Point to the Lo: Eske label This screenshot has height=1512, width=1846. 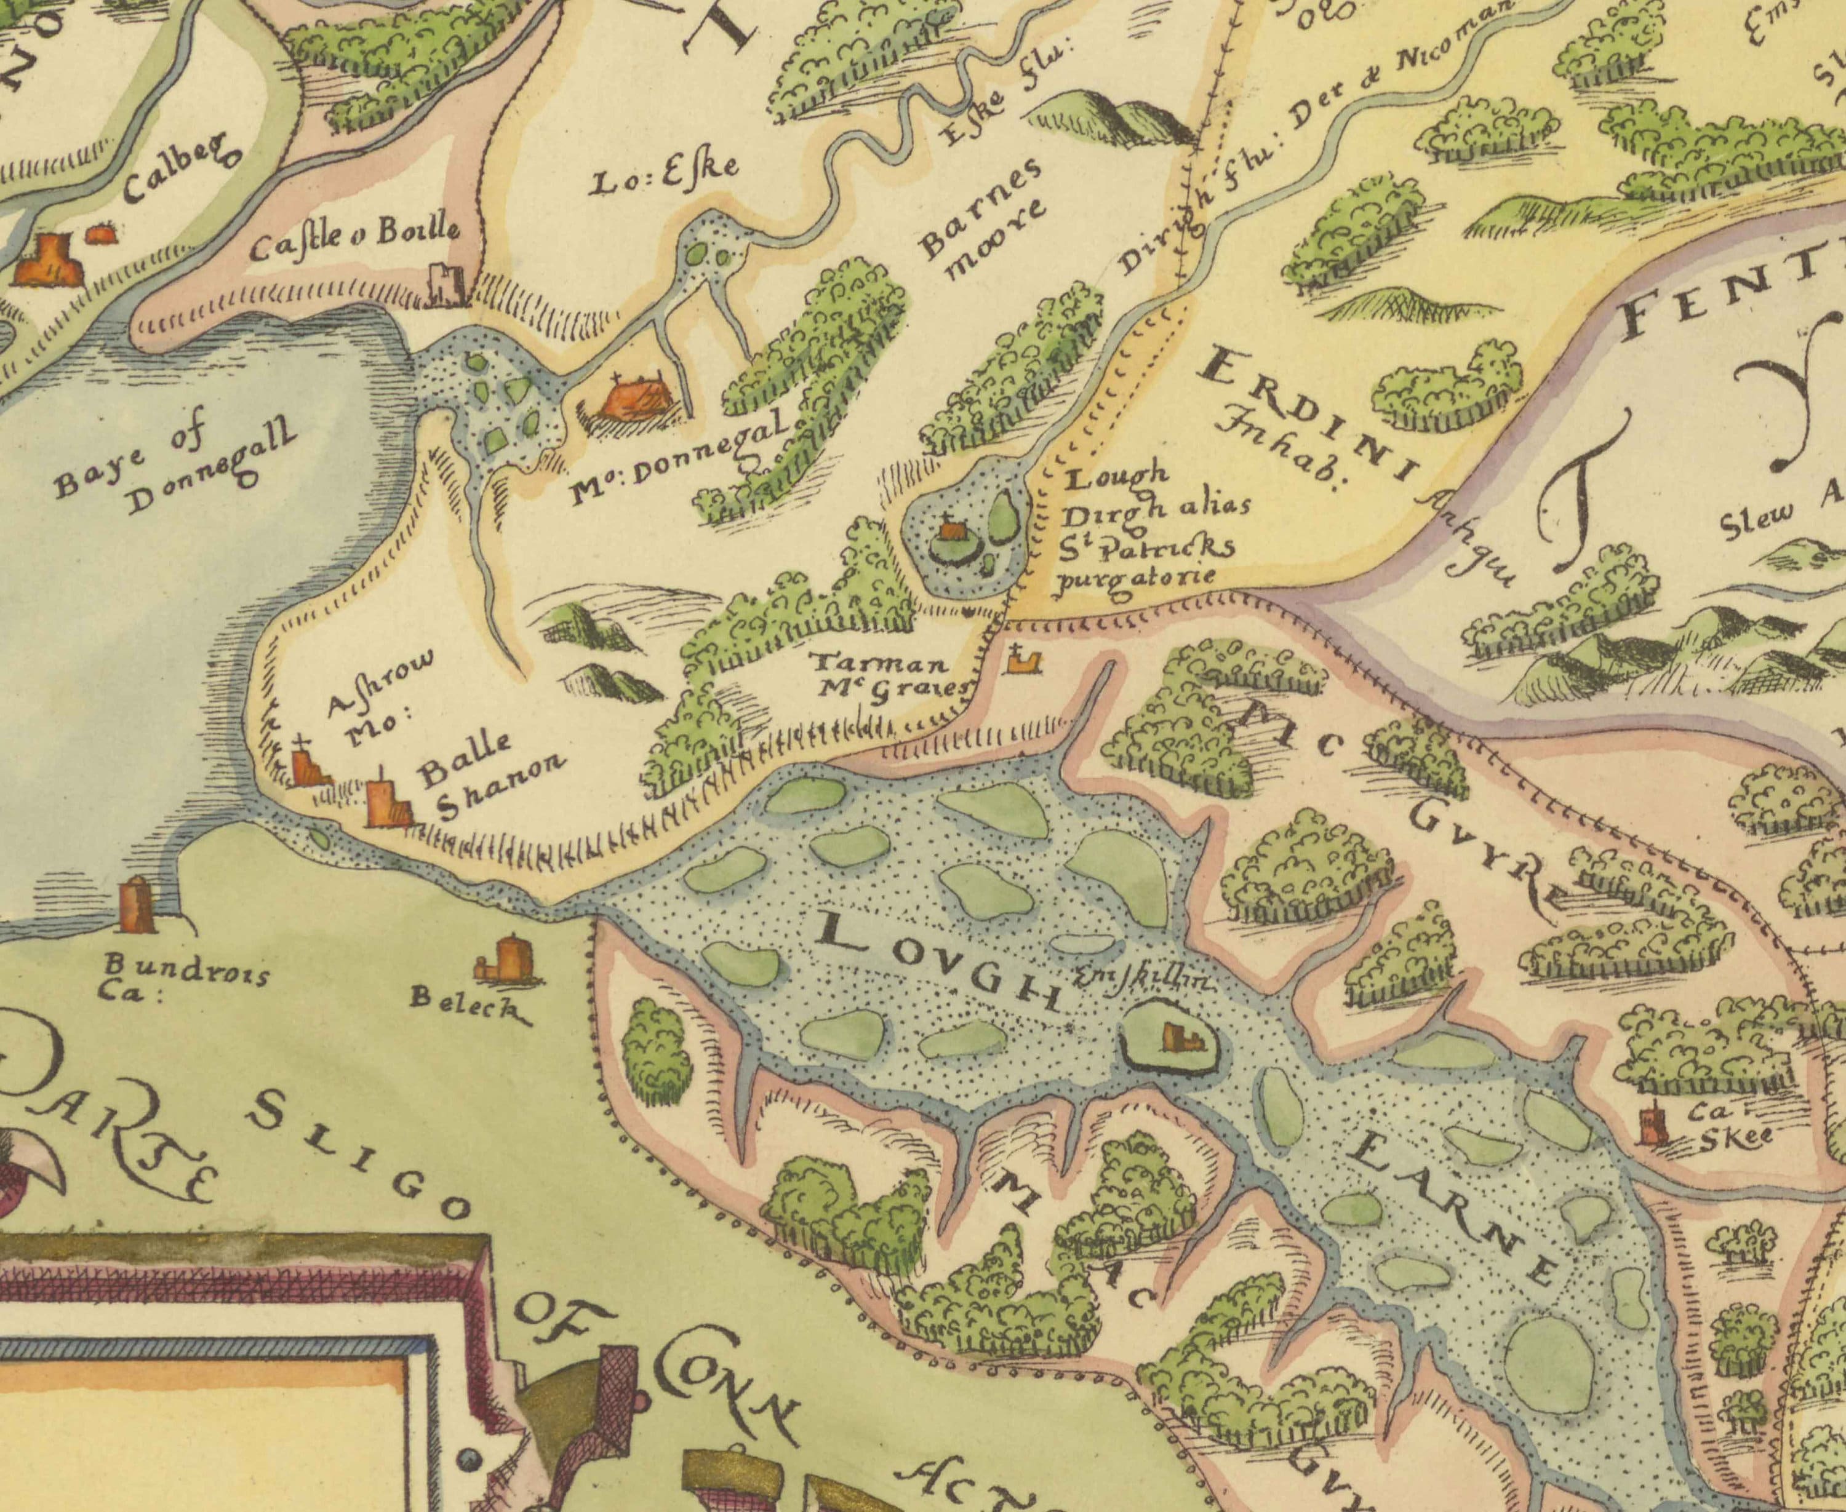(665, 177)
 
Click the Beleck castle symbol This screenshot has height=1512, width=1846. (511, 959)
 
